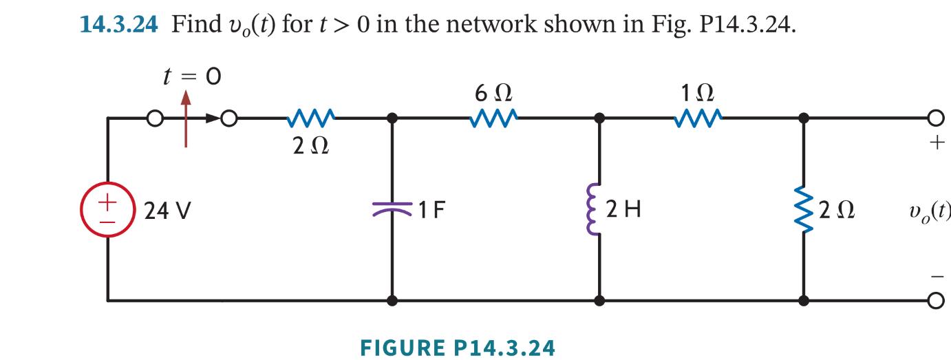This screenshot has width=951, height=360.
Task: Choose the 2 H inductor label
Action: [x=623, y=210]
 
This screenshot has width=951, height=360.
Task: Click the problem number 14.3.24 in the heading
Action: [x=119, y=25]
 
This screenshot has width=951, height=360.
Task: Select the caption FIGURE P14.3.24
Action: [x=457, y=348]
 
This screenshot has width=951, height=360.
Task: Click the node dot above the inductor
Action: [x=599, y=118]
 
